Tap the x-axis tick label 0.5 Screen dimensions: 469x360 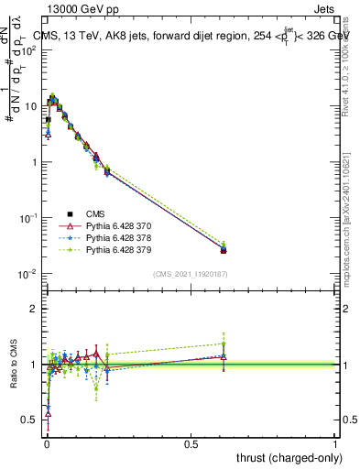point(191,443)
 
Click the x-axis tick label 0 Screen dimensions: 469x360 point(46,443)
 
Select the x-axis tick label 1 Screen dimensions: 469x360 point(335,443)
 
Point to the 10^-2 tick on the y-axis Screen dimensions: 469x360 point(27,274)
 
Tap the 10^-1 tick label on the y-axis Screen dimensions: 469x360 point(27,218)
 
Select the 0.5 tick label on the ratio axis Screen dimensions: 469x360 point(30,420)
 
